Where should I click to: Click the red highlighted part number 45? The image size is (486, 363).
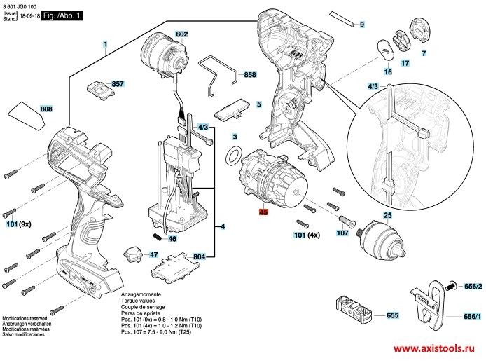(263, 212)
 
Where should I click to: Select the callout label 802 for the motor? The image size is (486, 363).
(181, 34)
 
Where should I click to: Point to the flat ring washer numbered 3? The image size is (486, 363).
(233, 156)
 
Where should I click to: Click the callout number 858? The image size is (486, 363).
(250, 75)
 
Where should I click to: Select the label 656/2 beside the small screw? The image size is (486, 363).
(473, 286)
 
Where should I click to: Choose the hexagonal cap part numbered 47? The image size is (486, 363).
(132, 255)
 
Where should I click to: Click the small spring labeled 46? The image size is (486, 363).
(158, 238)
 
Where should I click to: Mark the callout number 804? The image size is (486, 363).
(200, 256)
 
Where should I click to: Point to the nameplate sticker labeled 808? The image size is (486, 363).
(27, 116)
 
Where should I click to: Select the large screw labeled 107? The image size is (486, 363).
(347, 221)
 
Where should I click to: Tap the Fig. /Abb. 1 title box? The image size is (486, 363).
(62, 15)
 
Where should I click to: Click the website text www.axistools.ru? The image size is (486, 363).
(434, 348)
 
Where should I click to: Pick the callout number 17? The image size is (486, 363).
(405, 63)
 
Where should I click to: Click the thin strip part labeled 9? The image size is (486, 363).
(342, 19)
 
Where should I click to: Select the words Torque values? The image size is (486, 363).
(138, 301)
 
